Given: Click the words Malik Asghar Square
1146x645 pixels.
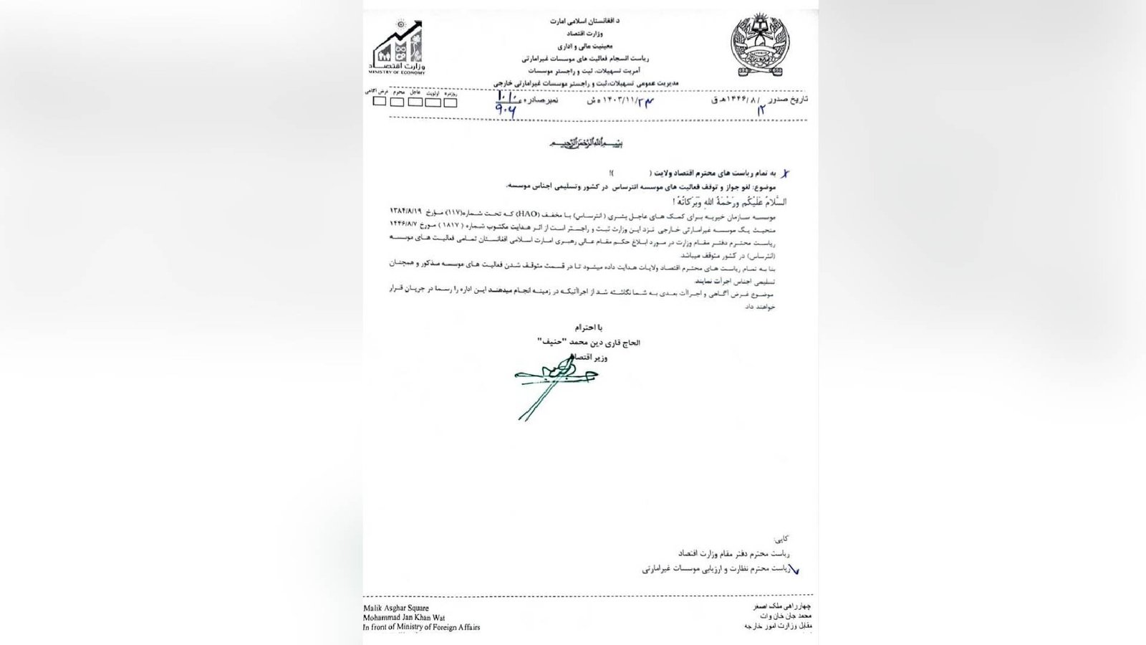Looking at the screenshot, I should [x=396, y=608].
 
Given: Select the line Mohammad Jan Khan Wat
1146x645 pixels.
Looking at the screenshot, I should [x=403, y=617].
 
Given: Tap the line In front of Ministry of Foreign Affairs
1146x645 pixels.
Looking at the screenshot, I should [x=422, y=627].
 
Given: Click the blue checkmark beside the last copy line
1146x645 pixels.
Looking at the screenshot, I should [x=792, y=570].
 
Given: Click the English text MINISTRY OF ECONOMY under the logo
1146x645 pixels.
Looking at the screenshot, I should [x=397, y=72].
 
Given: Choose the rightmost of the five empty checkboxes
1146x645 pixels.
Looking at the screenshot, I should [x=450, y=102].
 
